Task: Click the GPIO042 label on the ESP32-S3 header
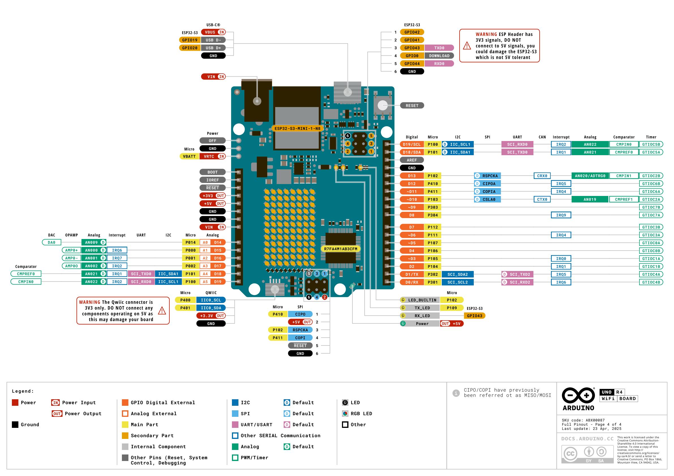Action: pos(412,32)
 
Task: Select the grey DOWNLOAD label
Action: pos(439,56)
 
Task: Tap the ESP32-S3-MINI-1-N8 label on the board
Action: pos(297,128)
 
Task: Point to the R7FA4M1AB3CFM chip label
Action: pos(341,249)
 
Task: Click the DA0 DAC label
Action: pos(51,242)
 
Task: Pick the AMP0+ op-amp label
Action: pos(71,250)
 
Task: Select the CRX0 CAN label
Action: pos(542,176)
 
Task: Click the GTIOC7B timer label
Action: pos(651,208)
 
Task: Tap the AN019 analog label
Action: pos(590,200)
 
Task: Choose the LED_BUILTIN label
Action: pos(422,300)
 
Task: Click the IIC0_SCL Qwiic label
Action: pos(211,300)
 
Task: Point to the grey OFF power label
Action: pos(212,141)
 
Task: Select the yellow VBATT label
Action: pos(189,156)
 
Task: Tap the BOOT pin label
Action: pos(212,172)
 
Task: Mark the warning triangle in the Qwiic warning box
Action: pos(162,311)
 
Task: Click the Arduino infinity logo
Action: pos(578,396)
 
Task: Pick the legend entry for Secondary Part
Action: pos(152,436)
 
